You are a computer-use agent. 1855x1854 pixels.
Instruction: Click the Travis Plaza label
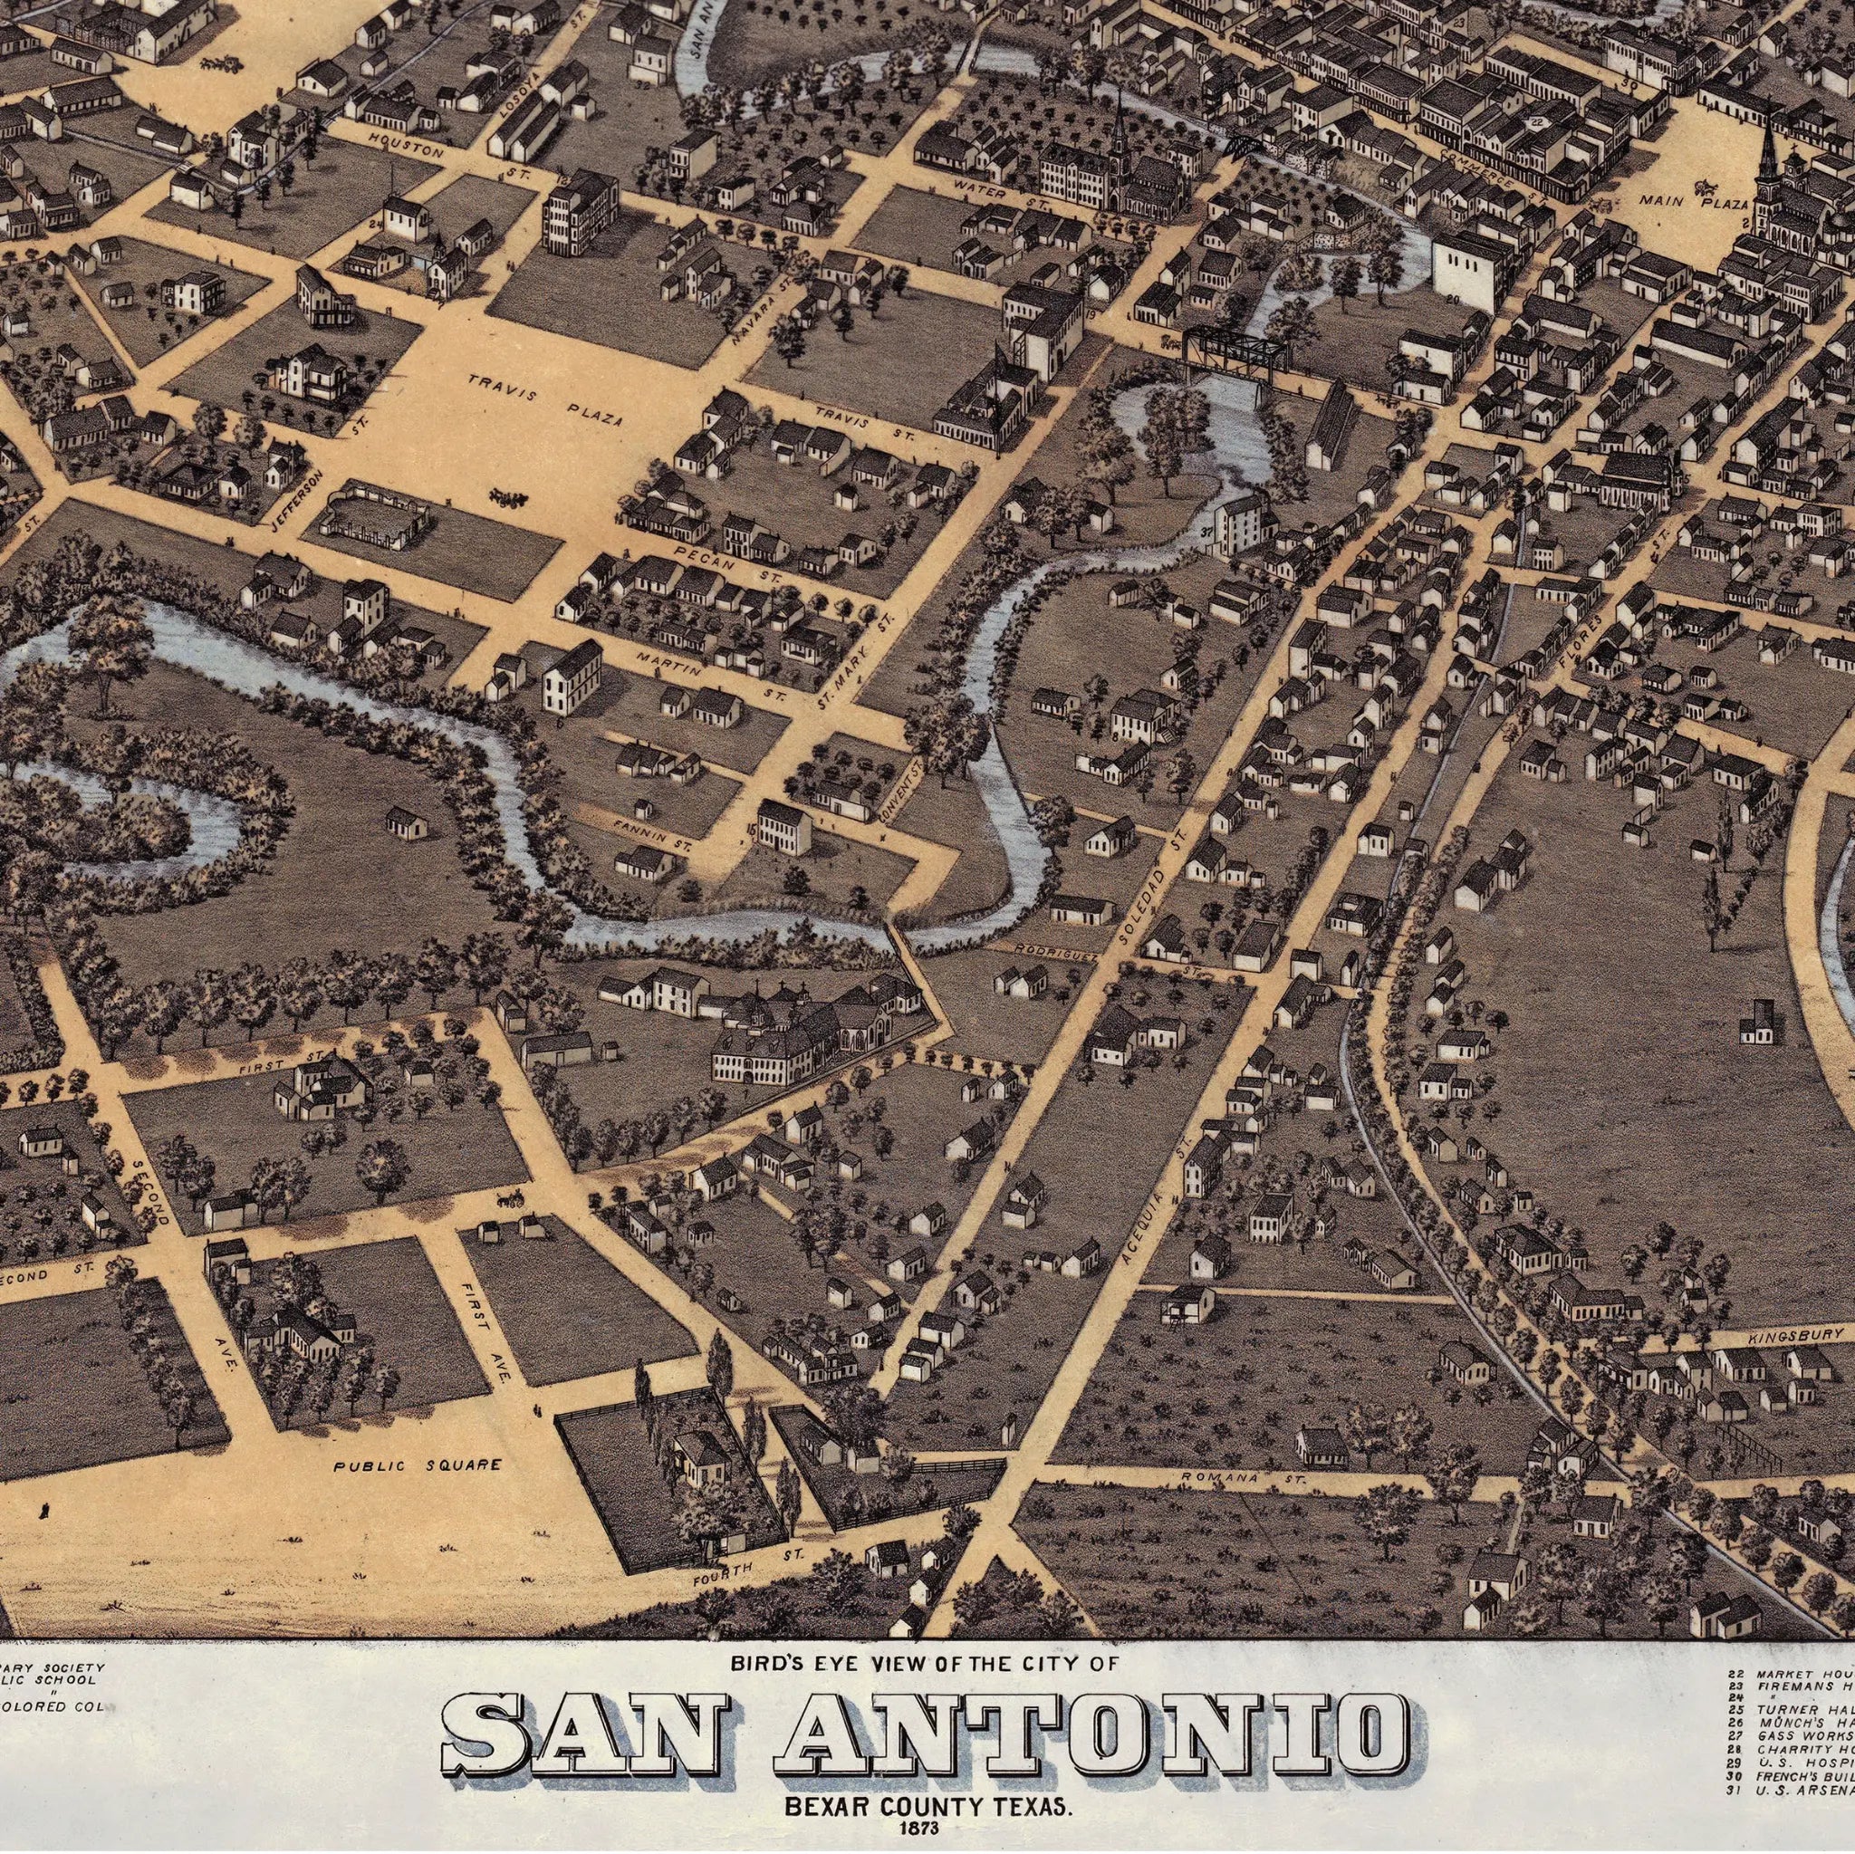(544, 400)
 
